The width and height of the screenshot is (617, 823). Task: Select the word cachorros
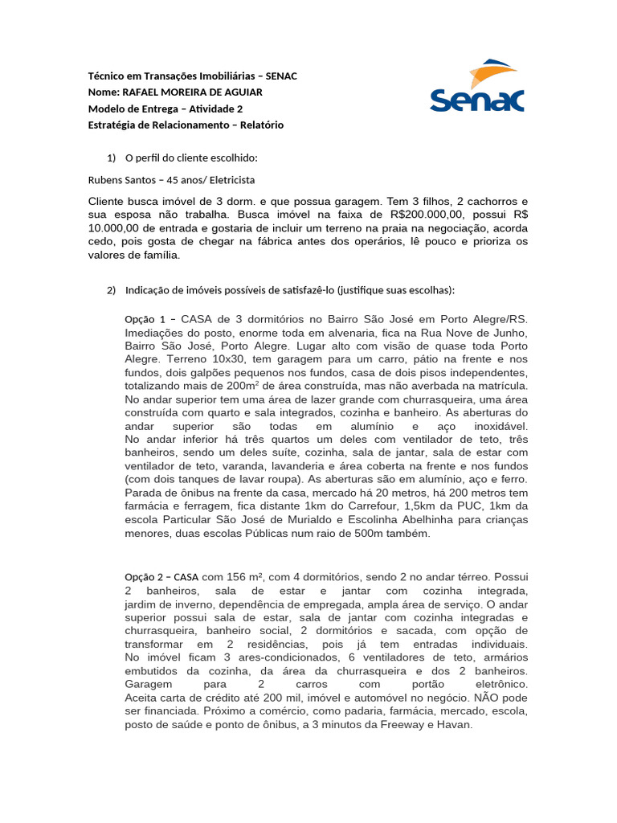[476, 200]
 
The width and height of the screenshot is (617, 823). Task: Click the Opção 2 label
[145, 577]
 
